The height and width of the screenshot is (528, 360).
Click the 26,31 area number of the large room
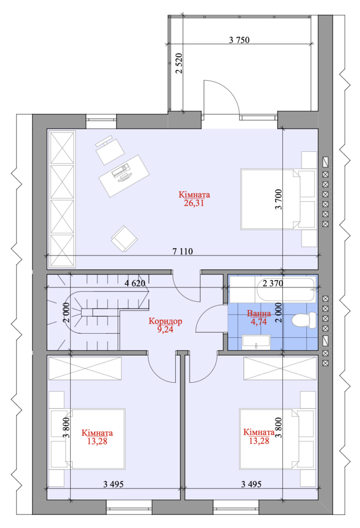pos(194,203)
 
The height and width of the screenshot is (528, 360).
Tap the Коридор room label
pos(165,321)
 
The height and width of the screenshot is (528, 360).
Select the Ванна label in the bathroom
pos(259,313)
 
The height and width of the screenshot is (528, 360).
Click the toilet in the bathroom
pos(304,320)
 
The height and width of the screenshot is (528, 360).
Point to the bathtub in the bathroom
pos(272,289)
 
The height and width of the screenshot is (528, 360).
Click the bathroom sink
pos(256,342)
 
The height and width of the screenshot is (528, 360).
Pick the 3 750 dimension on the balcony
pos(239,40)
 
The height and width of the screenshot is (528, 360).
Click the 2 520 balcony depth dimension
pos(179,63)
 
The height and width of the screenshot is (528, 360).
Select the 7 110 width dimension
pos(182,251)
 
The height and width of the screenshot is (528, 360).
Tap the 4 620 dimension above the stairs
pos(135,283)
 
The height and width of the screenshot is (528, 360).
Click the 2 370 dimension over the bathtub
pos(273,283)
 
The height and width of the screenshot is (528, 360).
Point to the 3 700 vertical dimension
pos(278,200)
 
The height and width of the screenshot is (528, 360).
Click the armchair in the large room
pos(124,238)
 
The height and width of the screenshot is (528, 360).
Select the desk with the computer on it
pos(124,176)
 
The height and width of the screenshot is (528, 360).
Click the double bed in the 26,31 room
pos(270,200)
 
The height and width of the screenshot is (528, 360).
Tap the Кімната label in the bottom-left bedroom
pos(97,433)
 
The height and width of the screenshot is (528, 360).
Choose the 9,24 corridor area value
pos(165,329)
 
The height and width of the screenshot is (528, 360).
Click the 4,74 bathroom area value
pos(259,321)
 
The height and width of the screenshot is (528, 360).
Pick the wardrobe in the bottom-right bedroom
pos(280,368)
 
